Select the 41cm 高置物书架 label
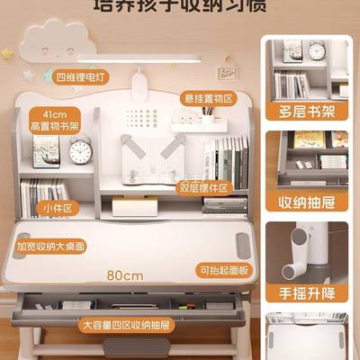55,120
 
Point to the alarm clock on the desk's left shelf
80,151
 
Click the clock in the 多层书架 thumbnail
317,51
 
